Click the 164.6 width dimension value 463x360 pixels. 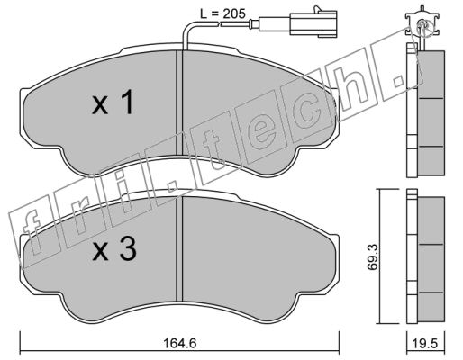pos(179,343)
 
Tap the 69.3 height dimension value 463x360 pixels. pos(374,257)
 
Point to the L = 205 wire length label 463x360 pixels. pos(223,13)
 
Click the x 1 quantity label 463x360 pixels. pos(113,103)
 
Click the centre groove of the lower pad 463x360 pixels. pos(179,249)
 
